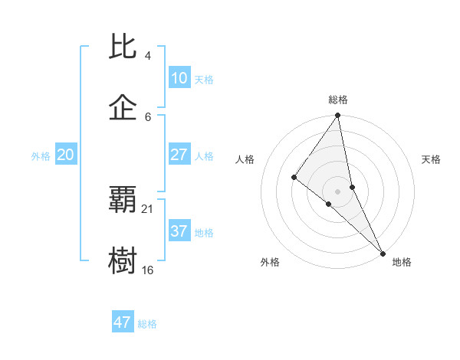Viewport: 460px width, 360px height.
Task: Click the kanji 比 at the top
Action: [x=123, y=47]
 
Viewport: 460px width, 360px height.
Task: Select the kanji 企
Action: [x=123, y=108]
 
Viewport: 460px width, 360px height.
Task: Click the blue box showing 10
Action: [x=179, y=78]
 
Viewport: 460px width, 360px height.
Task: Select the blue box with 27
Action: [x=179, y=155]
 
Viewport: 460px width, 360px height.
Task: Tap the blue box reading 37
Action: [x=179, y=231]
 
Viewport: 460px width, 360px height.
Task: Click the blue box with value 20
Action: [x=65, y=155]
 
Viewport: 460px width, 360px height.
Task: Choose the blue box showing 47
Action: [x=123, y=322]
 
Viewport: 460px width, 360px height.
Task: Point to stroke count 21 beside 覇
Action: [x=149, y=208]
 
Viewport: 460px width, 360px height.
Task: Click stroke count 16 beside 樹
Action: [x=148, y=270]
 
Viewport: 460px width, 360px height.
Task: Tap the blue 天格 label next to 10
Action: [x=204, y=80]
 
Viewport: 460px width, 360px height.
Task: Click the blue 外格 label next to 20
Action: [x=41, y=156]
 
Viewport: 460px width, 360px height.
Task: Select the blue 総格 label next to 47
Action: [x=147, y=324]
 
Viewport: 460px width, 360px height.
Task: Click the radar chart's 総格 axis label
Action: [x=337, y=100]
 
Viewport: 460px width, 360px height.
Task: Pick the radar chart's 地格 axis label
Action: [x=402, y=262]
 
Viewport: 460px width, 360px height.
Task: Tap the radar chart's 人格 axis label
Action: [x=245, y=159]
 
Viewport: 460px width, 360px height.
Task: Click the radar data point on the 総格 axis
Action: [x=337, y=116]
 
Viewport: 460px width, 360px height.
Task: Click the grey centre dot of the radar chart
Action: [x=337, y=191]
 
